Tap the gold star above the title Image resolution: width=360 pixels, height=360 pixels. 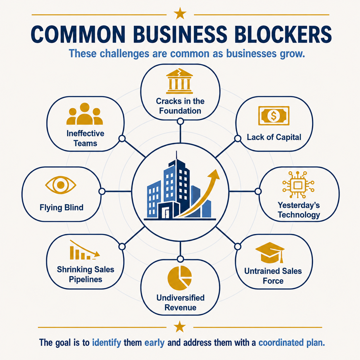click(180, 13)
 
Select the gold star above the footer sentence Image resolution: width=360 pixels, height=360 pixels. click(180, 327)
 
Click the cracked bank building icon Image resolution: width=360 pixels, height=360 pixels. click(179, 81)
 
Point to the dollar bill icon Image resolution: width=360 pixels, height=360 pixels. click(274, 116)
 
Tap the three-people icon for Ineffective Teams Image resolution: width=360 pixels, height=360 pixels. click(85, 114)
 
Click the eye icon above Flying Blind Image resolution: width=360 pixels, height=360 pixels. click(61, 185)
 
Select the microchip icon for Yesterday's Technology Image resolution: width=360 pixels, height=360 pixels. click(298, 185)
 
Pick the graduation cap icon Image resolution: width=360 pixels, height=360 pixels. click(270, 252)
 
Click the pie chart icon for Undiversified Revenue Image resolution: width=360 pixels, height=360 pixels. click(180, 278)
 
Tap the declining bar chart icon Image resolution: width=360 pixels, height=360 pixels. click(85, 250)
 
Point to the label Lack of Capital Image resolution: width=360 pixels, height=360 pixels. click(274, 137)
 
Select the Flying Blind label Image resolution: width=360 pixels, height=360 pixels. click(61, 207)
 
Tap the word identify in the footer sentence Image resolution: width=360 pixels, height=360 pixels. click(107, 343)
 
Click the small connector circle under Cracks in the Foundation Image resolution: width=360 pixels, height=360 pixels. click(180, 121)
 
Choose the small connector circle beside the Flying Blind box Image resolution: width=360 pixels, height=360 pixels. click(102, 191)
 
